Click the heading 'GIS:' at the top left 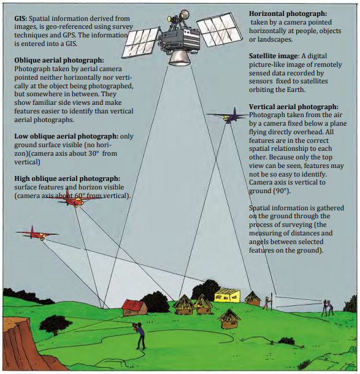point(21,18)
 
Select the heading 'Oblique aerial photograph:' point(59,60)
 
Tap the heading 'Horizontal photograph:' point(288,13)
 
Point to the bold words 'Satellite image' point(274,56)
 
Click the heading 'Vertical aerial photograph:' point(294,107)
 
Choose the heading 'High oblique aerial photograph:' point(67,178)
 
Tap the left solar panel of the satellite point(141,42)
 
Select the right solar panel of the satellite point(219,28)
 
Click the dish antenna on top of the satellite point(184,15)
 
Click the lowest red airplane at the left point(37,234)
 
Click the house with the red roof point(134,308)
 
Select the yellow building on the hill point(227,295)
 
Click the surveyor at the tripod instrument point(328,308)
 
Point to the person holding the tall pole point(267,302)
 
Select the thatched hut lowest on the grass point(229,319)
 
